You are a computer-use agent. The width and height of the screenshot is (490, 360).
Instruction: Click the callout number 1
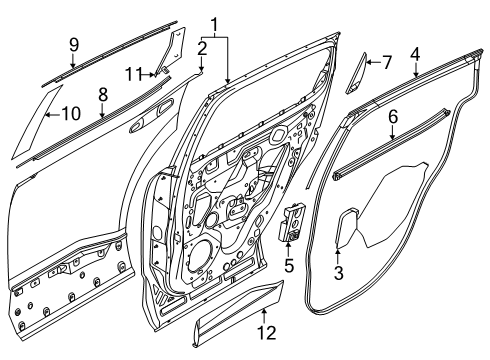pyautogui.click(x=213, y=22)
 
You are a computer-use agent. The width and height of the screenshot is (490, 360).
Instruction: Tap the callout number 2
pyautogui.click(x=202, y=47)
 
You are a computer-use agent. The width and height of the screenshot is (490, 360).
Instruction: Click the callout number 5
pyautogui.click(x=291, y=267)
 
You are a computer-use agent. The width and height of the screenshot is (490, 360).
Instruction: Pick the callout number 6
pyautogui.click(x=393, y=117)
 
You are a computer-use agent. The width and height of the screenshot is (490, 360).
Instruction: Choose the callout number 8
pyautogui.click(x=103, y=94)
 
